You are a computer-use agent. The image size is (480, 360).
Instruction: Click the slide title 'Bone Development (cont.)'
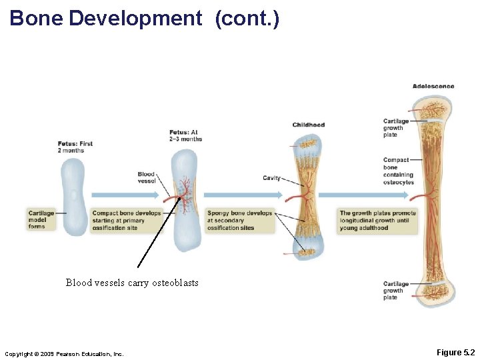point(145,18)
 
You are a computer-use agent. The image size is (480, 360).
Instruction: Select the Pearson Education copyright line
point(64,353)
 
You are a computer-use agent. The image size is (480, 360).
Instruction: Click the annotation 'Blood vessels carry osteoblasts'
point(132,283)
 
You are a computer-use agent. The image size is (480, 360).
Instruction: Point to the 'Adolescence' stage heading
point(433,86)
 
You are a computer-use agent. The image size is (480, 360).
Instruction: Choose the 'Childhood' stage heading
point(309,125)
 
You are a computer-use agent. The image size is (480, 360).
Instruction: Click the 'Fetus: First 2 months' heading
point(75,147)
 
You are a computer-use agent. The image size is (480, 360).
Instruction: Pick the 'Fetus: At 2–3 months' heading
point(185,135)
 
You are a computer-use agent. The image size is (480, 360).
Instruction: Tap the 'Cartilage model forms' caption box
point(41,220)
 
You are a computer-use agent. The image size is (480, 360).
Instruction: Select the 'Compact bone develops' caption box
point(127,220)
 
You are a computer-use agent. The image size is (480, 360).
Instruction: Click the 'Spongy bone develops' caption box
point(240,220)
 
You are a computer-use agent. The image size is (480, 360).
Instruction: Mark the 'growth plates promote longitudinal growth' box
point(377,220)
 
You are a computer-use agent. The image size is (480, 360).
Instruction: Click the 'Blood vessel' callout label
point(146,177)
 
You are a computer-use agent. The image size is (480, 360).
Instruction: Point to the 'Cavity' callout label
point(271,178)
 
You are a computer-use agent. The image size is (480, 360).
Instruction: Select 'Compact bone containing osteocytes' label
point(398,171)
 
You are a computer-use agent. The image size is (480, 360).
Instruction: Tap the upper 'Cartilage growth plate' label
point(396,128)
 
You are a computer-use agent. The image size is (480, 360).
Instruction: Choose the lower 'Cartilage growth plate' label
point(396,291)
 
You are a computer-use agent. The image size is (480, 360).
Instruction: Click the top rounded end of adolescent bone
point(432,106)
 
